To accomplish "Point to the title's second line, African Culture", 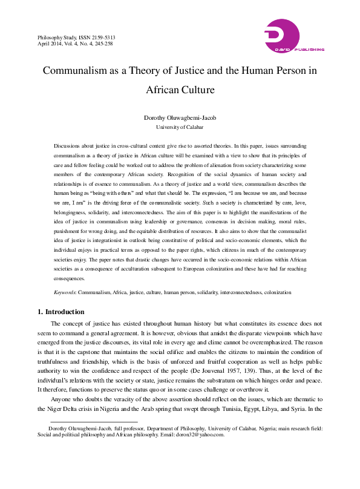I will (180, 91).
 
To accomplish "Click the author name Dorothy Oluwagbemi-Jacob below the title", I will (180, 118).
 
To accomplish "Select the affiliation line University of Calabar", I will (180, 127).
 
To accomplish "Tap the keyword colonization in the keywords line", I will (275, 292).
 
